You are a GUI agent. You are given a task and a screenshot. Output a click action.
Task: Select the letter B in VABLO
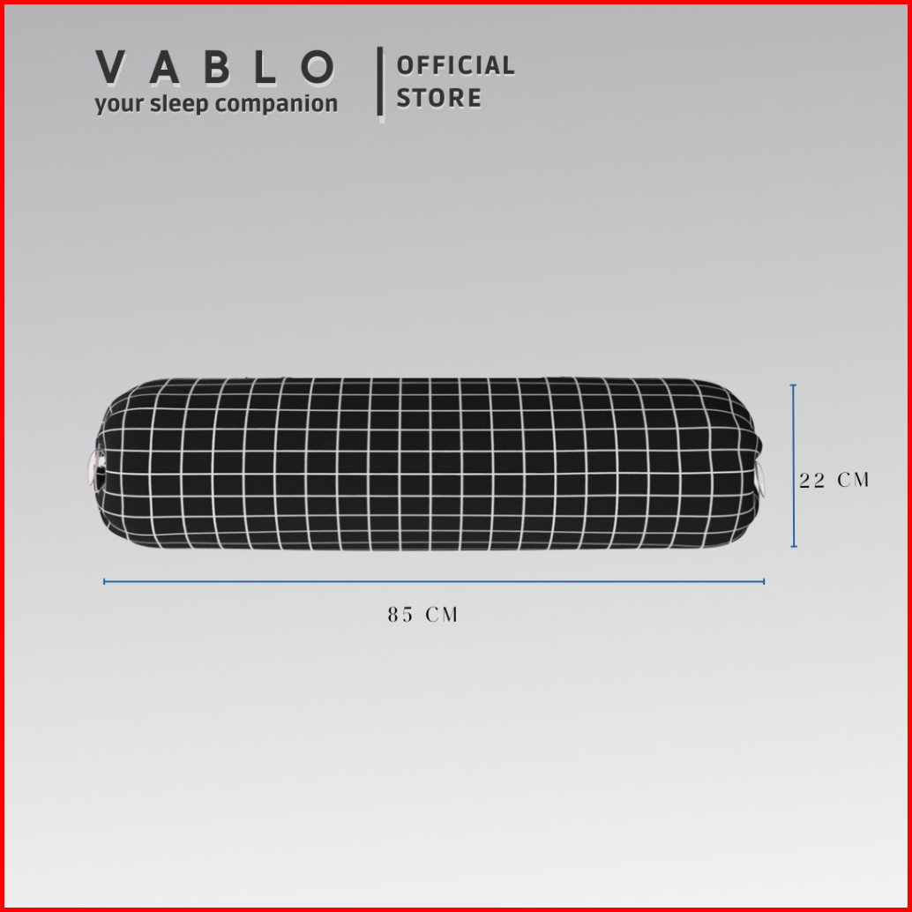[216, 67]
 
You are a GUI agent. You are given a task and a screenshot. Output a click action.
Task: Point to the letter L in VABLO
[265, 67]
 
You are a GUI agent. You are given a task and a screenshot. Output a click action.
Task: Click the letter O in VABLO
[318, 67]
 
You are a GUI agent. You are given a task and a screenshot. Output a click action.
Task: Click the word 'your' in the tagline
[119, 105]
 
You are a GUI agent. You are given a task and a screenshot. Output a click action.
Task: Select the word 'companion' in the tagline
[276, 105]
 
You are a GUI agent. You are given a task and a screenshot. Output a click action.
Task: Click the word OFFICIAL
[455, 65]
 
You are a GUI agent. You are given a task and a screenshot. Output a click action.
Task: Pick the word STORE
[439, 98]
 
